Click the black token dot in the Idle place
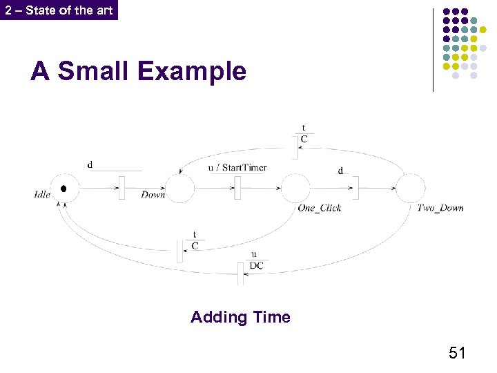tap(64, 189)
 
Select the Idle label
tap(41, 195)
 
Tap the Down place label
tap(153, 195)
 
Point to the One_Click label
tap(319, 208)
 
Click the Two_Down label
tap(440, 208)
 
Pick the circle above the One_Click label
tap(295, 189)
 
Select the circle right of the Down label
tap(180, 189)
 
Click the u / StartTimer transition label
tap(237, 167)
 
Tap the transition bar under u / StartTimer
tap(237, 188)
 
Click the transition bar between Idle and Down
tap(121, 188)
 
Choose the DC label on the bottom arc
tap(256, 266)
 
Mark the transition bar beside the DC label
tap(242, 274)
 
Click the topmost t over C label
tap(304, 133)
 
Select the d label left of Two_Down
tap(340, 171)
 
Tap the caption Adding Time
tap(240, 317)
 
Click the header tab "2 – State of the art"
tap(59, 10)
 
